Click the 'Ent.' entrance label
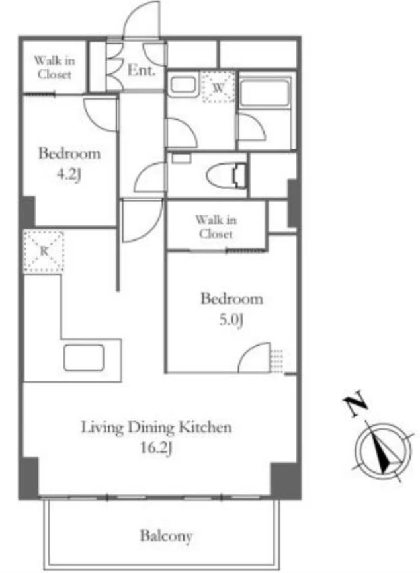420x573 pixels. [142, 70]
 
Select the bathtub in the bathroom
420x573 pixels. [265, 93]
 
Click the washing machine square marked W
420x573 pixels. [219, 87]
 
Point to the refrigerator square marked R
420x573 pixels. [44, 251]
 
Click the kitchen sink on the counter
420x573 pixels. [84, 358]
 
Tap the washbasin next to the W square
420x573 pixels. [183, 85]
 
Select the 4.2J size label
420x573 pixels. [68, 174]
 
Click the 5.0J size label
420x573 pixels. [231, 320]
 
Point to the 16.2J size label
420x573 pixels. [156, 448]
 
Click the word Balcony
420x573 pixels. [166, 536]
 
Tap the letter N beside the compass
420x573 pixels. [356, 403]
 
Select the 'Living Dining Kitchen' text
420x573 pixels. [156, 428]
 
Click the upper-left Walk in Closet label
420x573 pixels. [54, 67]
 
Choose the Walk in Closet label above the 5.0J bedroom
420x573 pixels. [216, 227]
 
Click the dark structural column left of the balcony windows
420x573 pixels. [29, 477]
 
